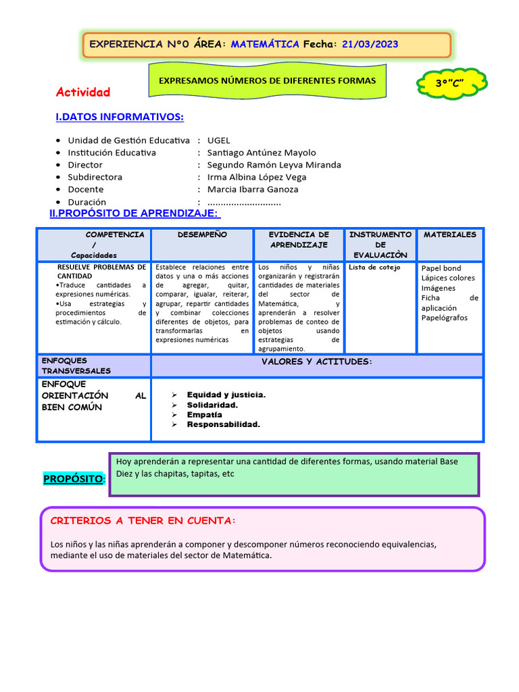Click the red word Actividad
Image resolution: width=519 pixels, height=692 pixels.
tap(83, 92)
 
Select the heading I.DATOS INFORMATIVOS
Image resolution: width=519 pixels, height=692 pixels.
tap(120, 118)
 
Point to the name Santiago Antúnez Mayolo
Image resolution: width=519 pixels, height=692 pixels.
tap(262, 153)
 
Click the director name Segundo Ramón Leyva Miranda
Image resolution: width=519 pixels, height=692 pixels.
tap(274, 165)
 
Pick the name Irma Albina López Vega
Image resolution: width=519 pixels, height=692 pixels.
tap(257, 177)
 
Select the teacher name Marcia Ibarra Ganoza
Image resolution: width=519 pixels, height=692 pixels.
tap(253, 189)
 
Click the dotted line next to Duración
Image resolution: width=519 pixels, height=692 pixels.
tap(244, 202)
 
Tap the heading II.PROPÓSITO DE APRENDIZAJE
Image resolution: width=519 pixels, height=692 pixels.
tap(135, 214)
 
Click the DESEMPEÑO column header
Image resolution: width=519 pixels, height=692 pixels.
tap(202, 234)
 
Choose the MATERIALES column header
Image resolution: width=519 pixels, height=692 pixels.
tap(449, 234)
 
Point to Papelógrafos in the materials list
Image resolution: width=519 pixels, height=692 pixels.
tap(444, 318)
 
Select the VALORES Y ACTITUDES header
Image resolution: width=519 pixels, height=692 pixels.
tap(316, 362)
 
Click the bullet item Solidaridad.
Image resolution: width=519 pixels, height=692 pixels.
tap(212, 405)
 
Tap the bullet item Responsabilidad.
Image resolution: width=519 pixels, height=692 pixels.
tap(223, 424)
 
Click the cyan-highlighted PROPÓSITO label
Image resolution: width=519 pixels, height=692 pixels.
tap(74, 479)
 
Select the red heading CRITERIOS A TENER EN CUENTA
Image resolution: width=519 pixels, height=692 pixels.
tap(143, 521)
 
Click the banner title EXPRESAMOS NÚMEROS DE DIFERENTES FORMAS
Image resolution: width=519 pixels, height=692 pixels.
tap(267, 80)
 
